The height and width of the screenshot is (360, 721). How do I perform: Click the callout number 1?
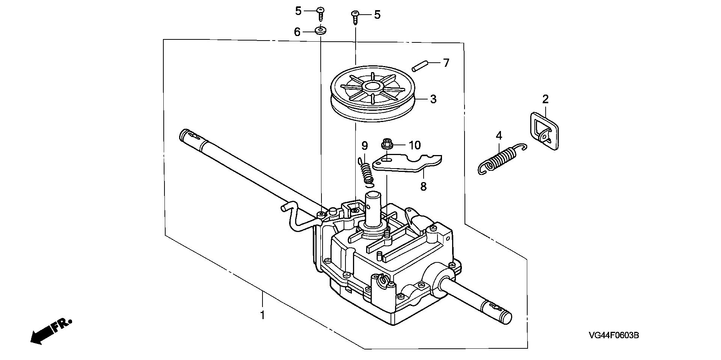click(262, 314)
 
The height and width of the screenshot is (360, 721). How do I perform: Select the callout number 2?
click(545, 99)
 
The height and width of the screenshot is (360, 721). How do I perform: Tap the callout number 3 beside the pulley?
click(433, 99)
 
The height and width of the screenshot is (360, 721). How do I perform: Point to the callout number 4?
click(499, 136)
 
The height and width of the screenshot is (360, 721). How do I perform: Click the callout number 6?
click(297, 32)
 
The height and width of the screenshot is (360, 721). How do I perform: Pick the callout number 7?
click(446, 63)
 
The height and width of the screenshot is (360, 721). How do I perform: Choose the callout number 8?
click(423, 186)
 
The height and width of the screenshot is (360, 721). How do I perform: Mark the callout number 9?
click(364, 145)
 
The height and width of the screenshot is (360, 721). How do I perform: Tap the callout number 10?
click(415, 145)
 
